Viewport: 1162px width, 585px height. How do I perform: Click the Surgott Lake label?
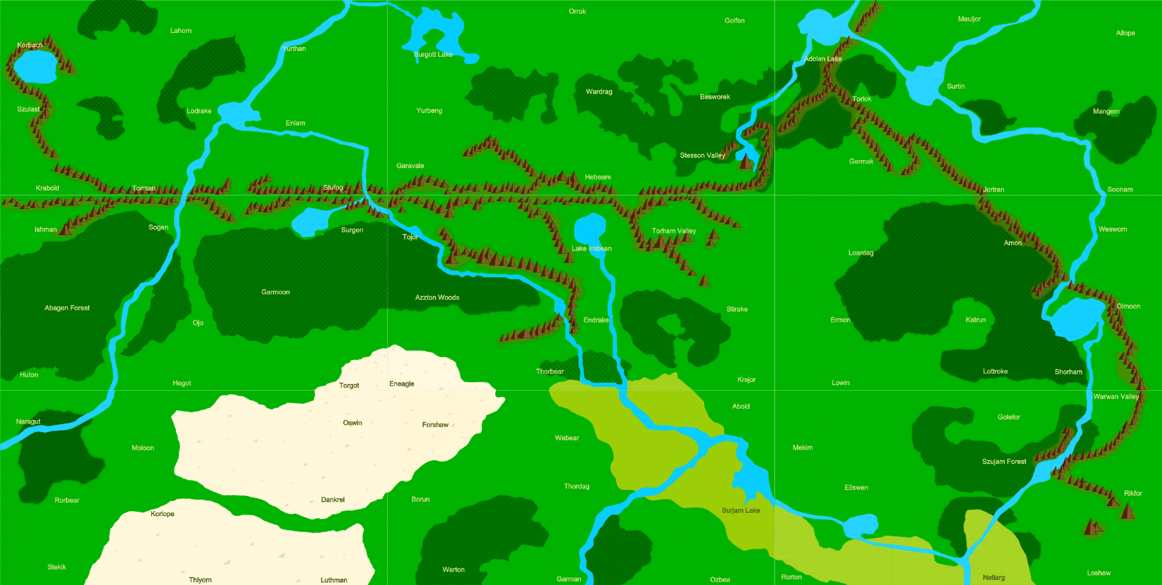[433, 55]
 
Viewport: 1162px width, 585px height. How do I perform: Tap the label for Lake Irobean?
[591, 248]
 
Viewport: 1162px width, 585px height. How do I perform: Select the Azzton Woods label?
[437, 297]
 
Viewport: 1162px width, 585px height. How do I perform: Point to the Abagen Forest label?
[67, 308]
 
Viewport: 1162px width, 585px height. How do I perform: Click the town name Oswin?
[352, 423]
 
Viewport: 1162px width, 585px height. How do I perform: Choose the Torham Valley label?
[673, 231]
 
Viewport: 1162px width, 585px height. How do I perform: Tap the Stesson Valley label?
[702, 155]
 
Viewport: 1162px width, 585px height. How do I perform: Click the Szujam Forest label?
[1004, 461]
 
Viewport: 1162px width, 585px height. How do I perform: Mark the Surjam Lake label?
[740, 510]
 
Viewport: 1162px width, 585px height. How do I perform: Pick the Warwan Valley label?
[1115, 396]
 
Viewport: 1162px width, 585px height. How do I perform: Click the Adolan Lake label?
[823, 58]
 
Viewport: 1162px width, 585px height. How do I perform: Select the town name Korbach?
[30, 45]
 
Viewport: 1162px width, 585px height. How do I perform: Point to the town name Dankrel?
[332, 500]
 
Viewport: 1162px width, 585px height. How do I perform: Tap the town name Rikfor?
[1132, 493]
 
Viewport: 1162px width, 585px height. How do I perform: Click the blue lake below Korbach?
[35, 66]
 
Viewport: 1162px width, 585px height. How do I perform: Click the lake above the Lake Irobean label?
[590, 228]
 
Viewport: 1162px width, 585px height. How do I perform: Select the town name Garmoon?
[275, 292]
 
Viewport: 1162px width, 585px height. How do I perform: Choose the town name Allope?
[1125, 33]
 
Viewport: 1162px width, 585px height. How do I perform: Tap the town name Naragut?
[28, 421]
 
